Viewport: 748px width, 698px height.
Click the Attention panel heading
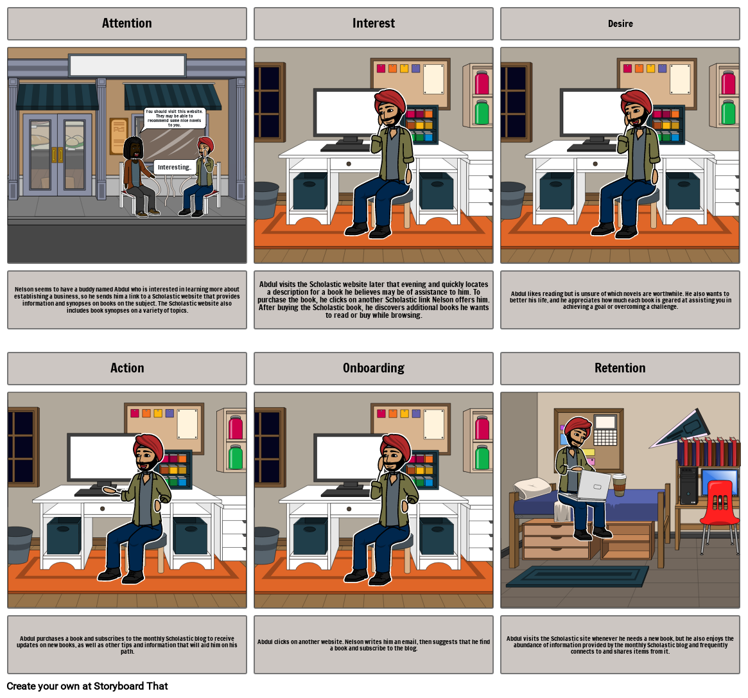[x=127, y=24]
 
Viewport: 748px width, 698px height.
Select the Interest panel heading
[x=373, y=24]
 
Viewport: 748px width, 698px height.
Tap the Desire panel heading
[x=620, y=24]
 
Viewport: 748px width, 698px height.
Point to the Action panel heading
[x=127, y=368]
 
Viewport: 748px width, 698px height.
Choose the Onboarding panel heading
[x=373, y=368]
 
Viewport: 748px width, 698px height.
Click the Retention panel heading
[x=620, y=368]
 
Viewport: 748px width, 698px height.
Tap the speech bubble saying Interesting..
[x=174, y=167]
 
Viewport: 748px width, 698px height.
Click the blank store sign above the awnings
[x=127, y=65]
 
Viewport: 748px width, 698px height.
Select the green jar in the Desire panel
[x=727, y=112]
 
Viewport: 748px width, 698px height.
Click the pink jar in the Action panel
[x=236, y=428]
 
